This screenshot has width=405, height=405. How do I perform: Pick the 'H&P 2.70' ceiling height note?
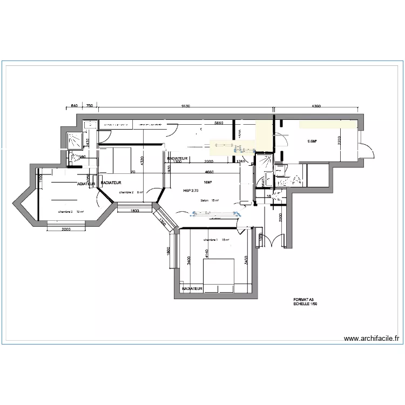(x=191, y=191)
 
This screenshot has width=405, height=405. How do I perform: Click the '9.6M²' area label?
(x=312, y=141)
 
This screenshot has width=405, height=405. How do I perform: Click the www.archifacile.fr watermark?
(x=371, y=339)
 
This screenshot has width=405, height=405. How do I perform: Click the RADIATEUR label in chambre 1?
(x=192, y=289)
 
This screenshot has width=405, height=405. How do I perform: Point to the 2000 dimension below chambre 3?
(x=65, y=230)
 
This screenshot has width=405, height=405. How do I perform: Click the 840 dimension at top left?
(x=75, y=106)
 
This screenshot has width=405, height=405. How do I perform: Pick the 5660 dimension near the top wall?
(x=219, y=124)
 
